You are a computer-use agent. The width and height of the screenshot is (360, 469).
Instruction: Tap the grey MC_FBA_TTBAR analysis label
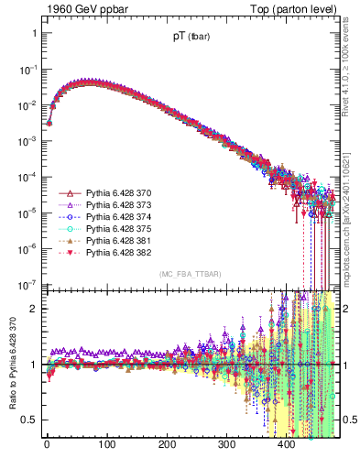click(x=187, y=275)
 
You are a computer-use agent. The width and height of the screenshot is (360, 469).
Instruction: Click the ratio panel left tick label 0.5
click(x=29, y=420)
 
